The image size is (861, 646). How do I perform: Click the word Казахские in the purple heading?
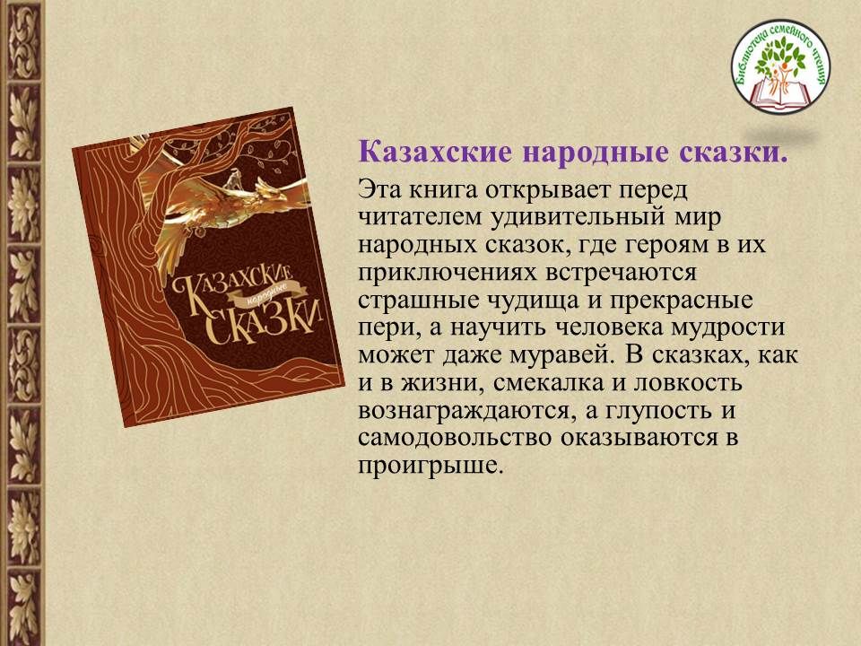pos(434,153)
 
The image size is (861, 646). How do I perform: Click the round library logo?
pos(781,66)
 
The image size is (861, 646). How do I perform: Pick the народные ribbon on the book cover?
pos(264,295)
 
